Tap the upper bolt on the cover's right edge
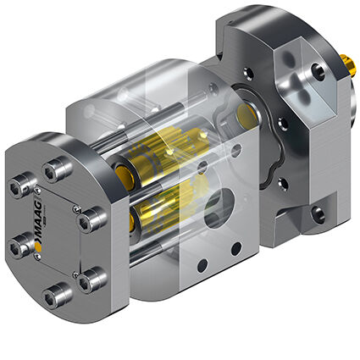pyautogui.click(x=94, y=222)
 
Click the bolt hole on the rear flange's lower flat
pyautogui.click(x=318, y=213)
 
